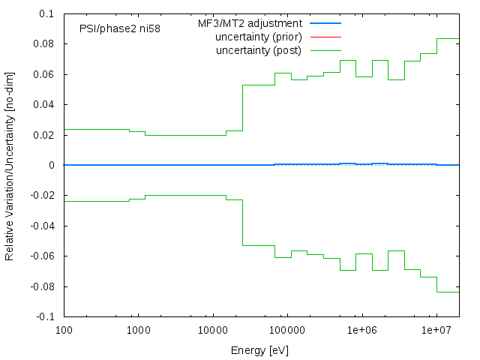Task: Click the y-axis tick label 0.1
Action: point(47,13)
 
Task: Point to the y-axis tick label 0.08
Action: point(44,43)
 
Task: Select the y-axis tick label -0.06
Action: point(43,256)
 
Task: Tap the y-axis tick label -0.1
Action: point(46,317)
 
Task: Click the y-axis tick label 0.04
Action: point(44,104)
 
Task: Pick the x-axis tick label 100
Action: point(64,330)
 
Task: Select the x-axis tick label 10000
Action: point(212,330)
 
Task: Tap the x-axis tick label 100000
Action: point(286,330)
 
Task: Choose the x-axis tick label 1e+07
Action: point(436,330)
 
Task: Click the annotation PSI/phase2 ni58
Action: point(120,29)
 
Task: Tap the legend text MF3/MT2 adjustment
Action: point(255,23)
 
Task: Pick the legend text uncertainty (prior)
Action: point(259,37)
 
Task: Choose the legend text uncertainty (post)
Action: point(259,50)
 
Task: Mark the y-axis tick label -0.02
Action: point(43,196)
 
